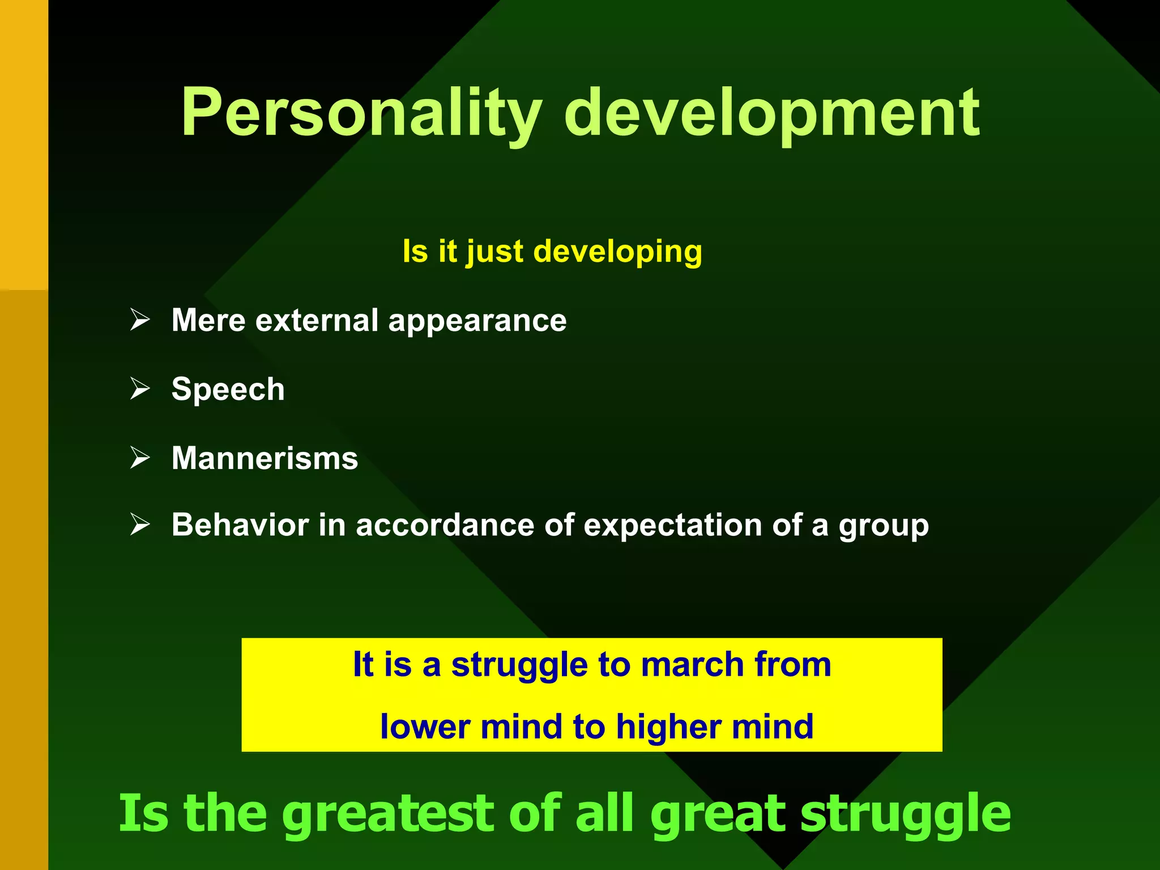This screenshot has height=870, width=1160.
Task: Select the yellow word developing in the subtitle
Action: (617, 251)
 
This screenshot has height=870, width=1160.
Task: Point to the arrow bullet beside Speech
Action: (139, 389)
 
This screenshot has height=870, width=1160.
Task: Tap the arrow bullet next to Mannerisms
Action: (139, 457)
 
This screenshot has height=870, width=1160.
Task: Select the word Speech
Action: (228, 390)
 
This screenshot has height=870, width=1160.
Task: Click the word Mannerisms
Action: (265, 458)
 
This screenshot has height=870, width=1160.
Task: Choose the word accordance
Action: (445, 525)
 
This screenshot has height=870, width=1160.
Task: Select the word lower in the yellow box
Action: (425, 727)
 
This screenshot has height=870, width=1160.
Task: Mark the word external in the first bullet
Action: (317, 321)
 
